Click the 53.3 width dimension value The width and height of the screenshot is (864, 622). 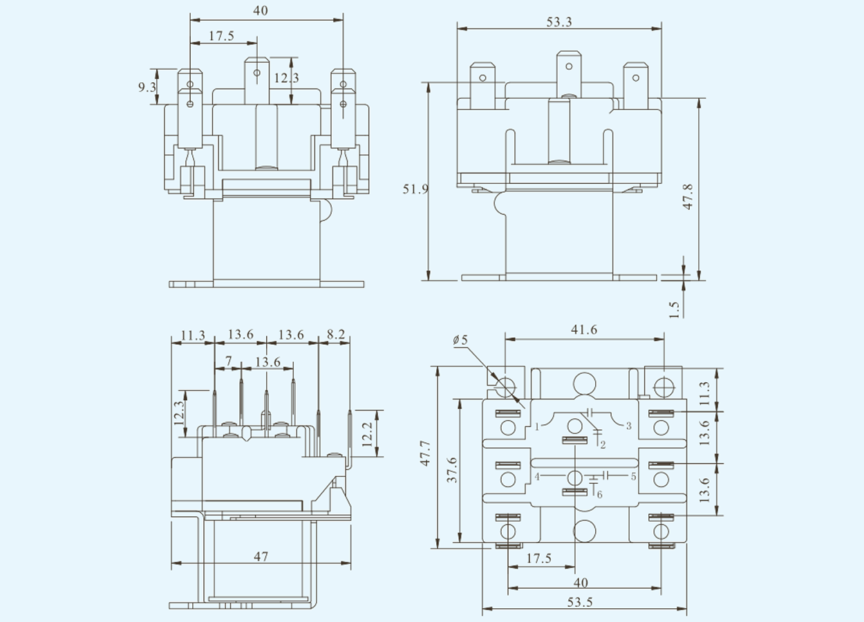[559, 22]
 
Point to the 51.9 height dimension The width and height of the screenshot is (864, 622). [415, 189]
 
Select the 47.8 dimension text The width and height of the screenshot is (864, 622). [688, 197]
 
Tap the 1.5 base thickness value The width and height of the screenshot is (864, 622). [674, 310]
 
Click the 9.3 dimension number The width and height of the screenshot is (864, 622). [147, 88]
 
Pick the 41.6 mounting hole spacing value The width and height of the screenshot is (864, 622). [584, 330]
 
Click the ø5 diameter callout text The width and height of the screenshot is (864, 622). [460, 340]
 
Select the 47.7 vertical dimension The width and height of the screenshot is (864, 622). [425, 453]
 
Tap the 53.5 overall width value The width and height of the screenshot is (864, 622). [580, 602]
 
